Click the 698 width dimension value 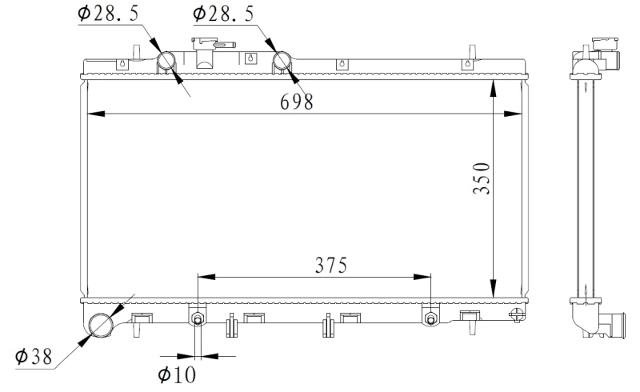click(x=296, y=101)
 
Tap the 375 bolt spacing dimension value click(x=330, y=266)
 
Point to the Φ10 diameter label click(x=177, y=374)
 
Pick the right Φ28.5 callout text click(x=225, y=14)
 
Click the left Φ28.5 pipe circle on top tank click(x=168, y=61)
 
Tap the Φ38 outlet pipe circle click(x=102, y=324)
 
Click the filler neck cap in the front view click(x=205, y=44)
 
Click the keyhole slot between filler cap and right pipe click(x=250, y=58)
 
